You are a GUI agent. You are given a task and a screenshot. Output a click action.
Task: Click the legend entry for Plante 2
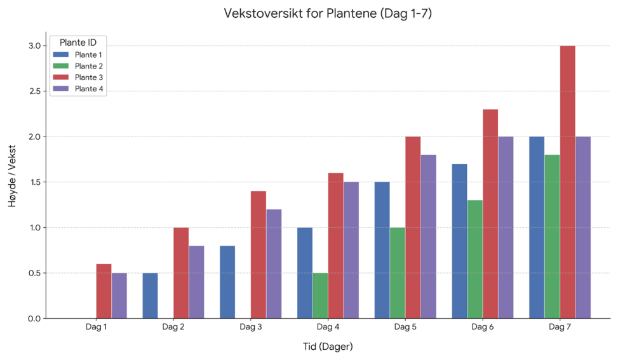click(88, 66)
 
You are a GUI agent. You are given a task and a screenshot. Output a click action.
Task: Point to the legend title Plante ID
click(78, 43)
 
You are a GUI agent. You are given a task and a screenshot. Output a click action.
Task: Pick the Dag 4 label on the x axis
click(328, 328)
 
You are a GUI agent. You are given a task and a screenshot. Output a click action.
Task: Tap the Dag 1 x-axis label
click(96, 328)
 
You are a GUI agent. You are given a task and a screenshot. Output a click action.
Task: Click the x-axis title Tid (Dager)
click(328, 347)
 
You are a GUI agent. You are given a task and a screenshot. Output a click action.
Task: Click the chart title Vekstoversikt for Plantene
click(328, 13)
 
